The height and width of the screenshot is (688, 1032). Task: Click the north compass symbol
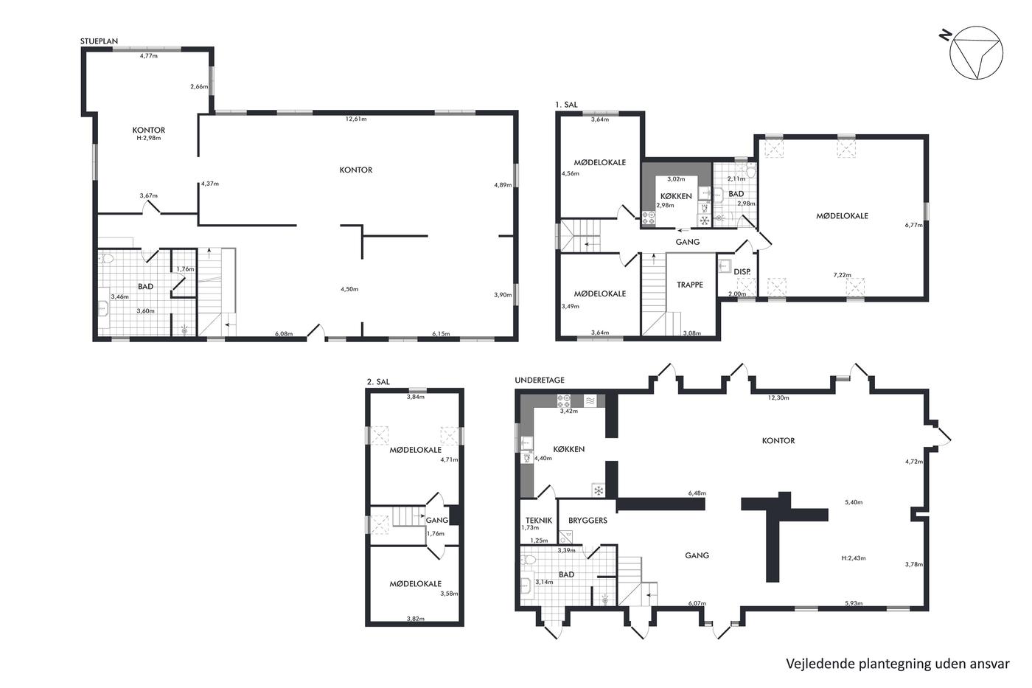tap(976, 52)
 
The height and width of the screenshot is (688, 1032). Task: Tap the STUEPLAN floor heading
tap(99, 41)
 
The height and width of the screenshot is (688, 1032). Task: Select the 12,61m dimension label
tap(356, 119)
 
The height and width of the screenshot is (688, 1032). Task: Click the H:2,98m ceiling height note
tap(148, 138)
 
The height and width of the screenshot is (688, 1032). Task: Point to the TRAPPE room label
tap(690, 285)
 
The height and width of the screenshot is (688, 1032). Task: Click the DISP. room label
tap(742, 272)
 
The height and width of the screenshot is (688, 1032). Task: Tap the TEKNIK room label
tap(539, 521)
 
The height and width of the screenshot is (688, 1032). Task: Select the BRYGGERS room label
tap(588, 521)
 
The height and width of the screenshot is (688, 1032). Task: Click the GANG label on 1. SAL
tap(687, 242)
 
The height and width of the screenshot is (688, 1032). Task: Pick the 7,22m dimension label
tap(842, 275)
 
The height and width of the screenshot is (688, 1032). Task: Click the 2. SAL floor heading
tap(377, 382)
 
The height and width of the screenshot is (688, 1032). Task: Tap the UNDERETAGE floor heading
tap(540, 381)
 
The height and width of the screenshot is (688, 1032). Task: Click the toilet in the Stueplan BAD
tap(107, 259)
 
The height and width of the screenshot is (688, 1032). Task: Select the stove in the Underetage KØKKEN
tap(564, 400)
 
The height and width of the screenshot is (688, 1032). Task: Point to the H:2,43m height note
tap(854, 558)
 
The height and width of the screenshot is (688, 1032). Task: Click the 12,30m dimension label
tap(778, 397)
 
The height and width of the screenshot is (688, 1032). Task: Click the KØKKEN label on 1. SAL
tap(676, 196)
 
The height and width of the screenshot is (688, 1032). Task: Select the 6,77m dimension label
tap(913, 226)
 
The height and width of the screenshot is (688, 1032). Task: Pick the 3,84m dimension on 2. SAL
tap(416, 397)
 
